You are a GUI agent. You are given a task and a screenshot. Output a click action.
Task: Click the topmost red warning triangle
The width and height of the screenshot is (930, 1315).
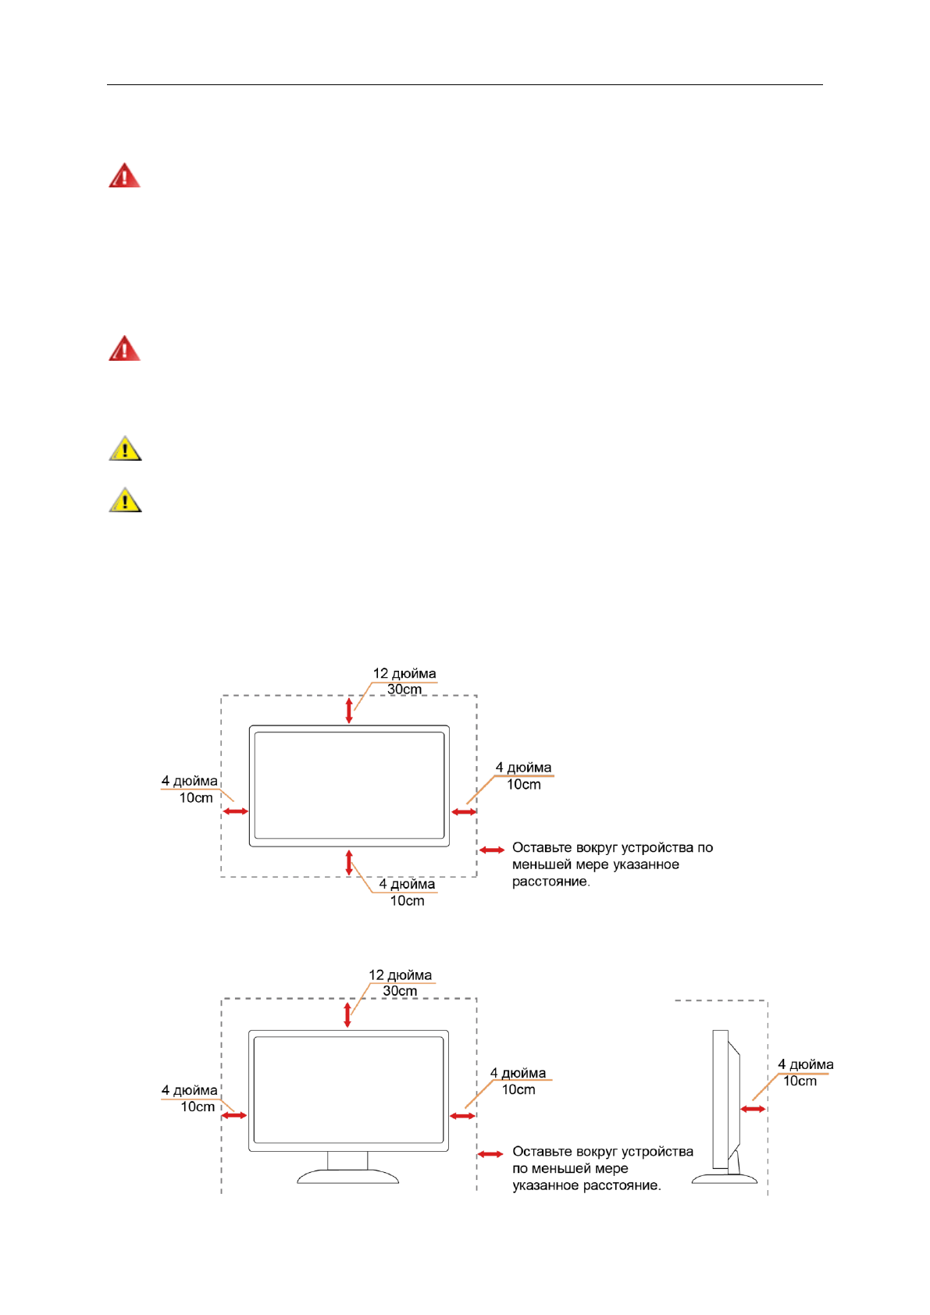point(124,176)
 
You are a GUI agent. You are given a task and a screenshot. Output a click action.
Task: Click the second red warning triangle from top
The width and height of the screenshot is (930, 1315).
point(124,349)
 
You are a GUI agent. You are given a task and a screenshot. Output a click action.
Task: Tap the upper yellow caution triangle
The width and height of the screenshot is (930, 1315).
point(125,449)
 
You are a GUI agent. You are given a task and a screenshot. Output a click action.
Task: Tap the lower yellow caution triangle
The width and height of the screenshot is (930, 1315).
point(125,500)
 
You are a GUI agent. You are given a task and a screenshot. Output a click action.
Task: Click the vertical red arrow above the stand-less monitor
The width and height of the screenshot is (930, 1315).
point(349,711)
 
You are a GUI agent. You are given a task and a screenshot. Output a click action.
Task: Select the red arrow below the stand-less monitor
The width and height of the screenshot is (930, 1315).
point(349,862)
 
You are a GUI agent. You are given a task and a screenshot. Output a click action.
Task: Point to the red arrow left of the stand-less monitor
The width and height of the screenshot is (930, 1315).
point(236,811)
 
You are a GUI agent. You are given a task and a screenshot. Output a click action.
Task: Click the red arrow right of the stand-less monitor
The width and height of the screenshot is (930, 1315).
point(464,812)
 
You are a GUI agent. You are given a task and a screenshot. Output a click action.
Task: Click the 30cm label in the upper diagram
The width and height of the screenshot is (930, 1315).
point(404,690)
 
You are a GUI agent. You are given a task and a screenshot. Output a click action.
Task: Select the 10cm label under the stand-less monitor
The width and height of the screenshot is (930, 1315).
point(408,900)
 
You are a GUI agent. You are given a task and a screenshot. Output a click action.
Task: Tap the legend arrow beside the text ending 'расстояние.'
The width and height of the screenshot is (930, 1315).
point(492,850)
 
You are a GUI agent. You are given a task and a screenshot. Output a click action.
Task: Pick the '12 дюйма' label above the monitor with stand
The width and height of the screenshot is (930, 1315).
point(400,975)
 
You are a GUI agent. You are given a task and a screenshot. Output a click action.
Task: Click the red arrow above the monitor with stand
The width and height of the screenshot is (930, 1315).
point(347,1014)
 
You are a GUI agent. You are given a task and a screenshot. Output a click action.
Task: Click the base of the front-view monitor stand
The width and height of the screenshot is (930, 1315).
point(347,1176)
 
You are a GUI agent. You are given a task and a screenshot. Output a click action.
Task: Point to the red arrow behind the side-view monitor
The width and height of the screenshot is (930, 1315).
point(754,1109)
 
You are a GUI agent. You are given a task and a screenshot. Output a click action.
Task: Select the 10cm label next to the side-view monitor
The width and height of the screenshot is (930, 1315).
point(800,1082)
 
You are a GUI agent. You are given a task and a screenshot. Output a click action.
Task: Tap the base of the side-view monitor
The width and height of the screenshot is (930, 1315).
point(725,1178)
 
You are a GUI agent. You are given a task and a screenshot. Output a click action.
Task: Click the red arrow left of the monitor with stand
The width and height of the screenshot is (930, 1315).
point(234,1115)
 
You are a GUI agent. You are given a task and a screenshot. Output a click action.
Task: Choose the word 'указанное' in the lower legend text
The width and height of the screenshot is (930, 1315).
point(547,1185)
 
